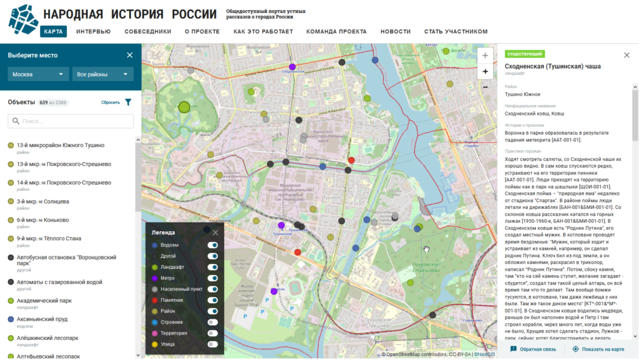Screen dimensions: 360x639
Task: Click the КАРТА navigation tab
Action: (53, 32)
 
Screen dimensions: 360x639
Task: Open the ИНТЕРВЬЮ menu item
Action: (94, 32)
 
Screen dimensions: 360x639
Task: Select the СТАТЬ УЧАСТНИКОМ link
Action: (456, 32)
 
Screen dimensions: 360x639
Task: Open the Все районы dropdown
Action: (102, 74)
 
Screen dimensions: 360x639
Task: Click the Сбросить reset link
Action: (110, 102)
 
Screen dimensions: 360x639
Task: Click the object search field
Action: (71, 121)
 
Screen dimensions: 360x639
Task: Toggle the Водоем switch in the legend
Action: (213, 245)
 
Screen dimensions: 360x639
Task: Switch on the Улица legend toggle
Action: (213, 344)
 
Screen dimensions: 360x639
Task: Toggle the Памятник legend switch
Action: (213, 300)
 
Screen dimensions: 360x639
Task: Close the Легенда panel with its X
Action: (215, 233)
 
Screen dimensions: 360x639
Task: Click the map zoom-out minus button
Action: (485, 87)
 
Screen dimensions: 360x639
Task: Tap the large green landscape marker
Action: (184, 107)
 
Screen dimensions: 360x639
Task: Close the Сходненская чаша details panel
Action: (627, 56)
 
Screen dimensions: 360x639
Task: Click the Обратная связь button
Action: (534, 349)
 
